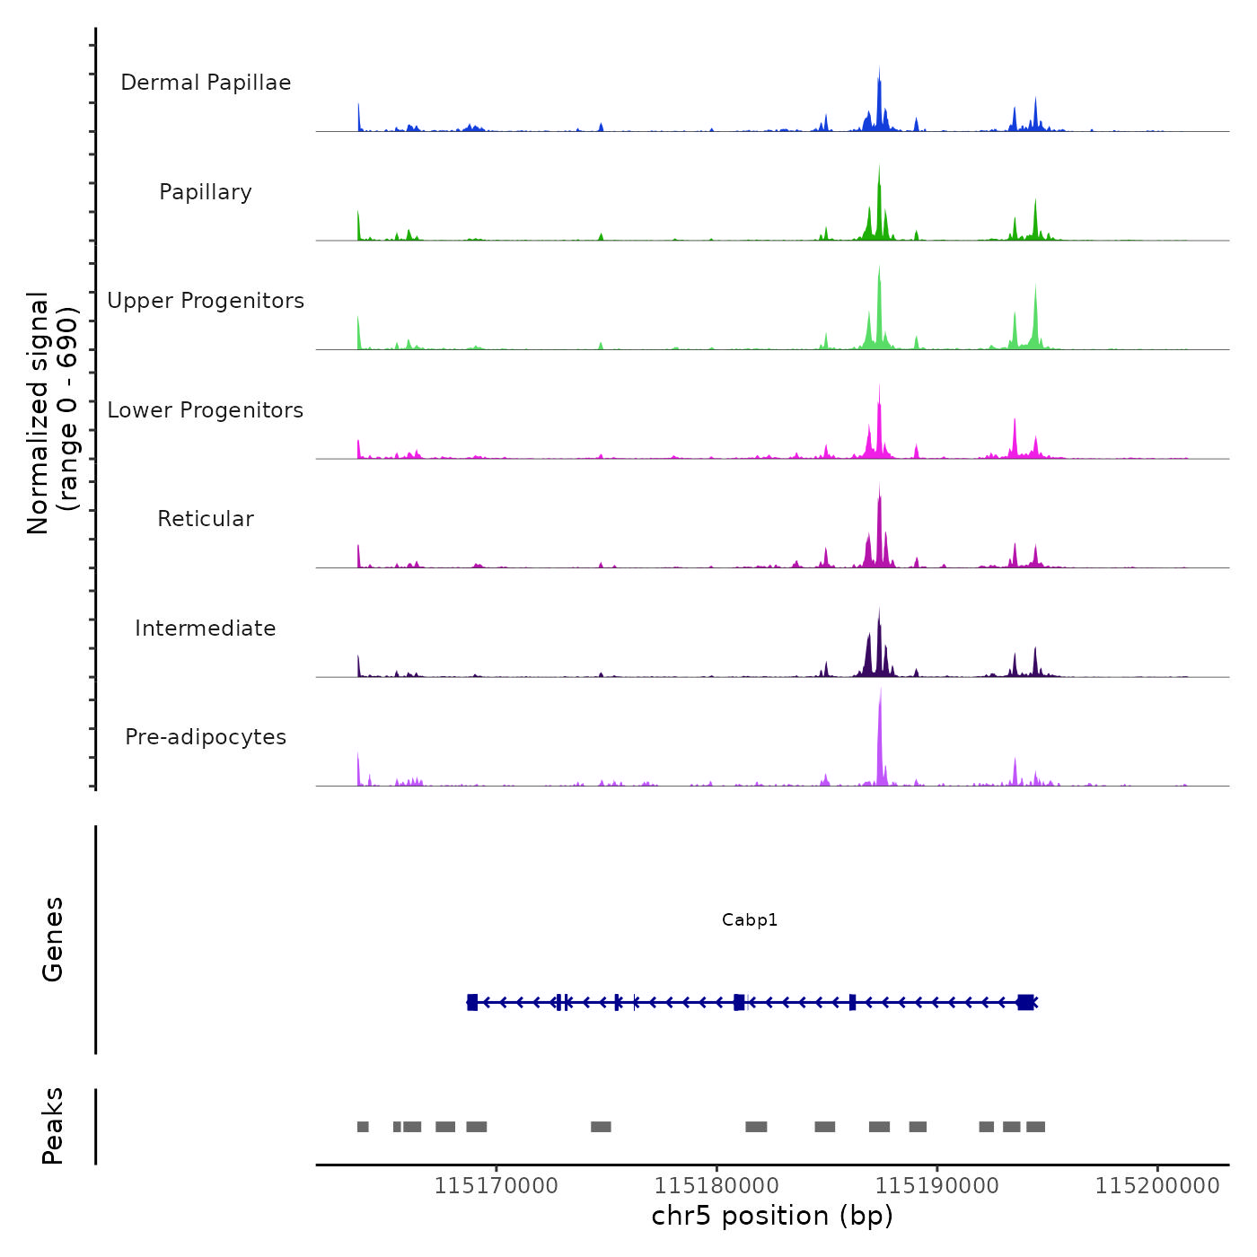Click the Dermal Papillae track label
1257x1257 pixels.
coord(206,83)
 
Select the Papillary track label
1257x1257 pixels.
coord(206,192)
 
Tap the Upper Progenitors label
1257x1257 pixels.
coord(206,301)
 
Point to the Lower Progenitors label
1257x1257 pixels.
coord(206,410)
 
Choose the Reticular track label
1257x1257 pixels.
coord(206,519)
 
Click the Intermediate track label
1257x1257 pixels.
coord(206,628)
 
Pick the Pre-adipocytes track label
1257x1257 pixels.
coord(206,737)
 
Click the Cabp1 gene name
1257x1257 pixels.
coord(750,919)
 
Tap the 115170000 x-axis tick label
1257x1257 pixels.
coord(496,1186)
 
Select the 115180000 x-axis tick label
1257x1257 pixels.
coord(716,1186)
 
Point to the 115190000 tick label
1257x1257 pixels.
coord(936,1186)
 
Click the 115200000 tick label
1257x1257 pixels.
coord(1157,1186)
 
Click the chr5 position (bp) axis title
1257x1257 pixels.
coord(772,1216)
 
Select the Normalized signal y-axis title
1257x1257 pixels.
coord(52,413)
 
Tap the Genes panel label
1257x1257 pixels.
coord(52,939)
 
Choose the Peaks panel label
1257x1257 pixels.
coord(52,1126)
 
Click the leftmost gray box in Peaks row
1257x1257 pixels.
coord(363,1127)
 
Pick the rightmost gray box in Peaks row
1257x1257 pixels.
coord(1035,1127)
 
